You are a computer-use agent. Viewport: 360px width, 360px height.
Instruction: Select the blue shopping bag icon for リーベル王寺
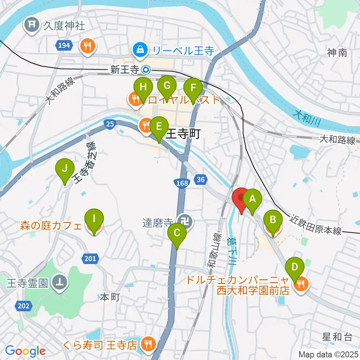click(x=141, y=49)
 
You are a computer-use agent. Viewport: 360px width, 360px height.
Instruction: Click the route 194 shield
click(x=64, y=46)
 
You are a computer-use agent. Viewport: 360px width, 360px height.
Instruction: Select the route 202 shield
click(x=23, y=306)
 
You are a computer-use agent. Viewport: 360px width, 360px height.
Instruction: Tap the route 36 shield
click(x=201, y=180)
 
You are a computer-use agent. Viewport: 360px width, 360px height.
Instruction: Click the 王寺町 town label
click(x=183, y=133)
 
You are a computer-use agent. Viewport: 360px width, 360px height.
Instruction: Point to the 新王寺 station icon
click(x=146, y=70)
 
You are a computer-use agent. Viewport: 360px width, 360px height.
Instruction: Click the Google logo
click(x=25, y=351)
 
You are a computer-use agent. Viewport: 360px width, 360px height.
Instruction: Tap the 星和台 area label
click(x=337, y=336)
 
